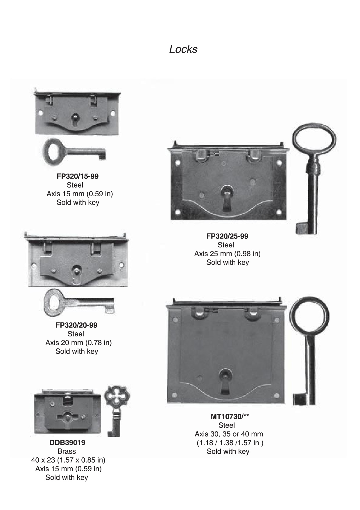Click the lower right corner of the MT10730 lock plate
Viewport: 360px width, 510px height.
click(x=285, y=403)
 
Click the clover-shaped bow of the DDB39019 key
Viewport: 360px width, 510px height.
click(x=117, y=396)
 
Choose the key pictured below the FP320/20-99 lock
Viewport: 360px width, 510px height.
click(x=79, y=302)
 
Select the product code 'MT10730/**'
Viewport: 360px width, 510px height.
click(x=230, y=416)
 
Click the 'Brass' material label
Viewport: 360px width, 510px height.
click(x=67, y=451)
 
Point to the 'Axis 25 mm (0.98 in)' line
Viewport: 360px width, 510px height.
click(x=228, y=254)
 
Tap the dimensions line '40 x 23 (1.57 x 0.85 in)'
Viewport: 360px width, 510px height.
click(x=68, y=460)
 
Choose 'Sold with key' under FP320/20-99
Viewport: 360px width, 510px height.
click(x=77, y=351)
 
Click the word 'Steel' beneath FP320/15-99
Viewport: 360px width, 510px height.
click(x=75, y=185)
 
